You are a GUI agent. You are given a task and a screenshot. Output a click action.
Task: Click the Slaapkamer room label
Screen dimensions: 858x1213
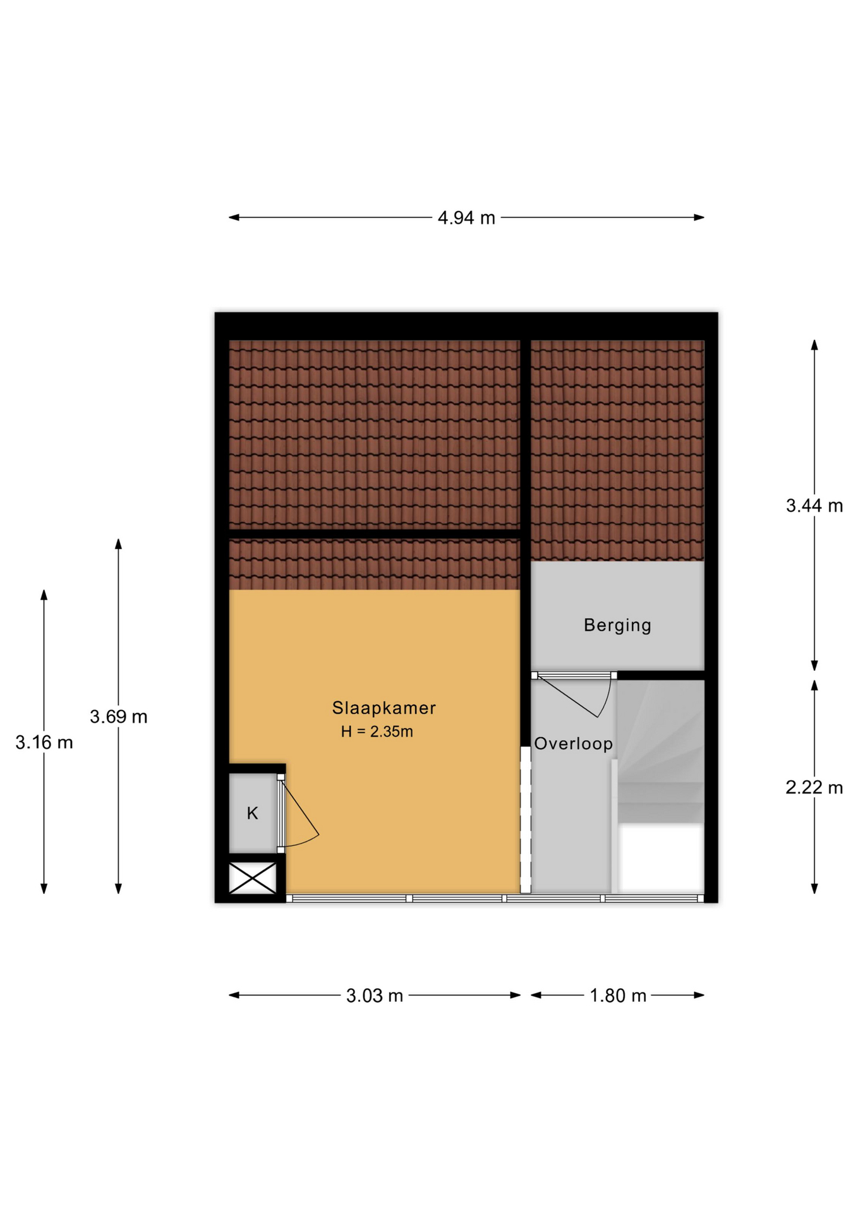coord(384,708)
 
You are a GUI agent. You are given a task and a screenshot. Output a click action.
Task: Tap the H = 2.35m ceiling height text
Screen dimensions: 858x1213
coord(377,732)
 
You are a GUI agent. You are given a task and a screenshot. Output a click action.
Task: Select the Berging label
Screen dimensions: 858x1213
coord(617,625)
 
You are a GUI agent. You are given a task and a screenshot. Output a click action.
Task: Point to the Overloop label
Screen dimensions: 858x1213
coord(573,744)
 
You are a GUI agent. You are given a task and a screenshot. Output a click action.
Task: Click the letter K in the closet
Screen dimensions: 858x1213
coord(252,813)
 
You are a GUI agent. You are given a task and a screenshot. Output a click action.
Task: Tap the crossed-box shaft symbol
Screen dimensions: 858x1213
coord(253,878)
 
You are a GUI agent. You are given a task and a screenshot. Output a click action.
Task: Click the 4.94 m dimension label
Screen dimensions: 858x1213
coord(466,218)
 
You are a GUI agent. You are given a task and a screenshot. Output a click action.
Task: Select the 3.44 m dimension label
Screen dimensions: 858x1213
coord(814,505)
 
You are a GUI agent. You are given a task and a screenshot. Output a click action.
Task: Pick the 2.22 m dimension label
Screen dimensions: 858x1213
coord(814,787)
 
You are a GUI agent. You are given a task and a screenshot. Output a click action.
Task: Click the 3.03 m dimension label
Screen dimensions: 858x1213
coord(375,996)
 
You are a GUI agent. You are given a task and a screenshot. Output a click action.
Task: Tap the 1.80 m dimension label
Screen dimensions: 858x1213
coord(618,996)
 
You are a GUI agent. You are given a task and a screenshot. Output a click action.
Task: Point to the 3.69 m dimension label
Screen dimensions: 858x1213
coord(119,716)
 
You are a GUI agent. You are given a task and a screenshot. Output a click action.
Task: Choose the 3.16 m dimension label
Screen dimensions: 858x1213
coord(44,742)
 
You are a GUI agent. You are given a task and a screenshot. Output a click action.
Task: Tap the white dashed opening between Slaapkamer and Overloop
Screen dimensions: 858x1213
coord(525,820)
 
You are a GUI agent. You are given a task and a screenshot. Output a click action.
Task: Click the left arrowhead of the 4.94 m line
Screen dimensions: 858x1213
coord(234,217)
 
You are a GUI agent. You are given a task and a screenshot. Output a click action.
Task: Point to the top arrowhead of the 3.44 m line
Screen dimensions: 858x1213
coord(814,345)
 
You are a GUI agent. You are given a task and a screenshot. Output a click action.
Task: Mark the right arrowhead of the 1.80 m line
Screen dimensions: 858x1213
coord(699,995)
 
